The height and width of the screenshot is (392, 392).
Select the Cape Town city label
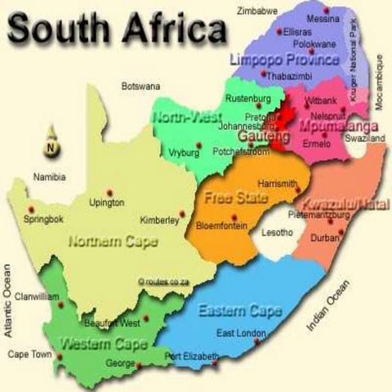pos(29,354)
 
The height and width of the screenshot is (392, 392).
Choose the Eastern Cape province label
pos(240,311)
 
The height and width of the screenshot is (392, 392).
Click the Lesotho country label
pos(276,233)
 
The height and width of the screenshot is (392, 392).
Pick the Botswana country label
pos(140,85)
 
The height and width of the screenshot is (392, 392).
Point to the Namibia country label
pos(49,176)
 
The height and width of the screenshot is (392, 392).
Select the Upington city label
pos(107,203)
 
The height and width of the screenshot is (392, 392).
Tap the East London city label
pos(242,332)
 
